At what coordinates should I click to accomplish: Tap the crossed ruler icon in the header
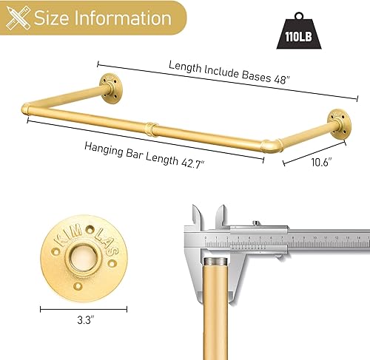[x=17, y=17]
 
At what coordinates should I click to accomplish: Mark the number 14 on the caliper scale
[x=358, y=238]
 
